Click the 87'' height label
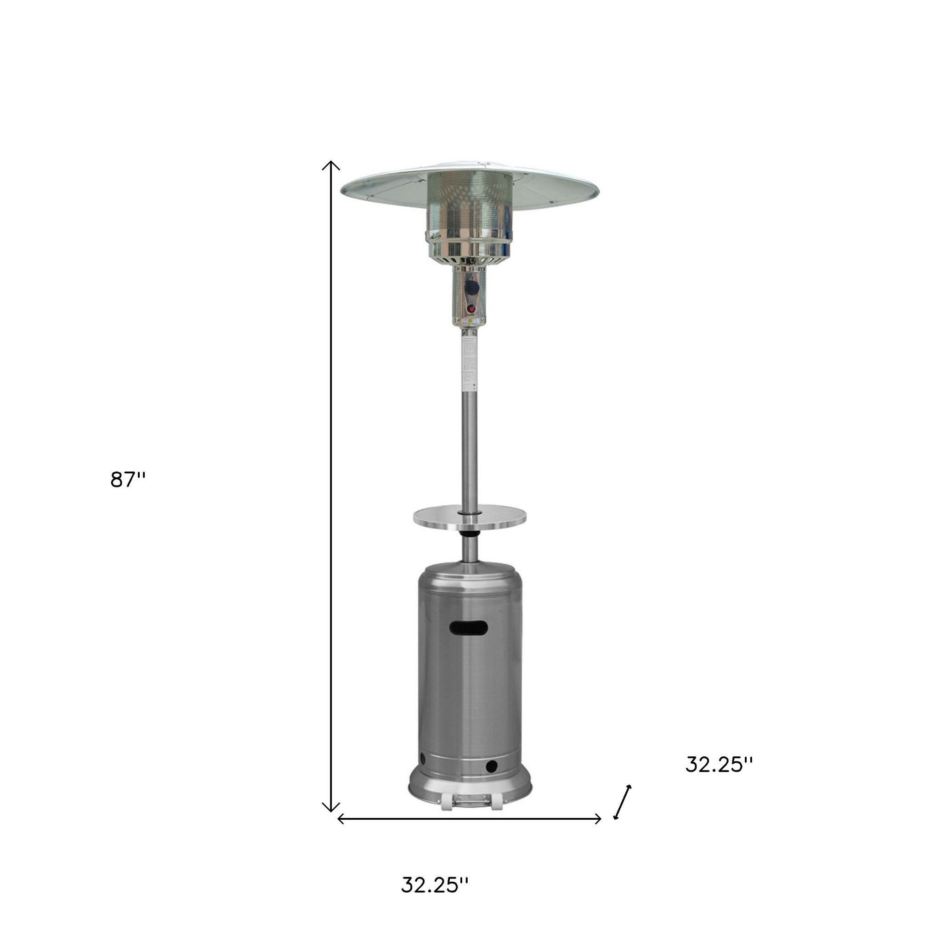click(x=128, y=480)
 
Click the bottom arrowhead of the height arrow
click(x=331, y=810)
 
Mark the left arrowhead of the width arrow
click(x=340, y=819)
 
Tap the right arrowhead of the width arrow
click(x=599, y=819)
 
